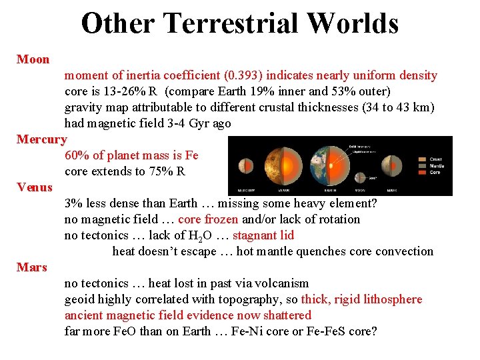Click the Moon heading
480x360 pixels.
coord(33,59)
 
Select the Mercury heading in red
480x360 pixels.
coord(41,139)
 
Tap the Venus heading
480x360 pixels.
coord(35,187)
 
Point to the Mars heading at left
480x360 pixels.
coord(32,267)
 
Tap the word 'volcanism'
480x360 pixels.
coord(281,283)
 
